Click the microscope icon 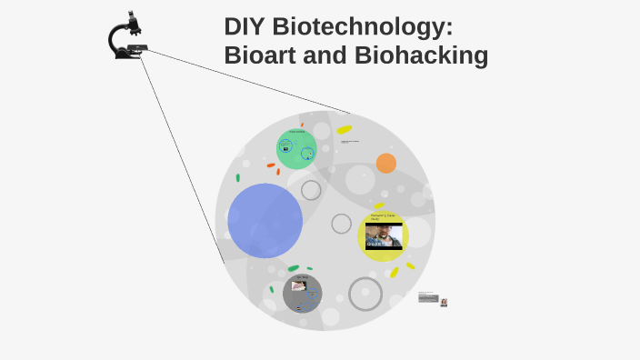point(125,37)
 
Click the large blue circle point(265,221)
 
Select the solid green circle point(296,149)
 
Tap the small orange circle point(386,163)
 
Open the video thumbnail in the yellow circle point(384,236)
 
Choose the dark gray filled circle point(302,293)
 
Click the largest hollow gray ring point(365,294)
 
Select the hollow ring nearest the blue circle point(311,190)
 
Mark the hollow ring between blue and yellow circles point(342,224)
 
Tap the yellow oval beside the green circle point(345,130)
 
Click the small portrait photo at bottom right point(444,302)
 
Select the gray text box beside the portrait point(428,297)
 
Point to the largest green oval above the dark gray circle point(294,268)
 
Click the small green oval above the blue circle point(238,177)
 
